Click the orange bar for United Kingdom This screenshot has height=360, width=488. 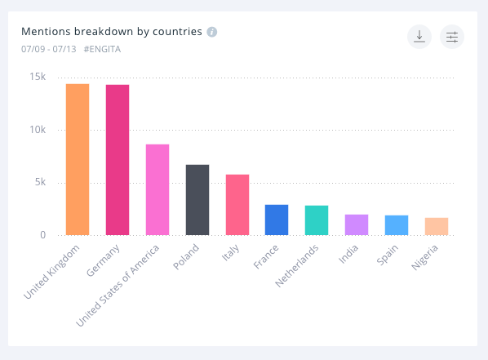(78, 159)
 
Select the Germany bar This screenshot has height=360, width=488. (118, 160)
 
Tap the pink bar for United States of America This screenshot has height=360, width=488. (157, 189)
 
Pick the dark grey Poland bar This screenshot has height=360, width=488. (197, 200)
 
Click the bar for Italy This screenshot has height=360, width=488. (237, 205)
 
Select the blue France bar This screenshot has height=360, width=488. (277, 220)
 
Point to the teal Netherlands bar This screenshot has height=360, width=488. (317, 220)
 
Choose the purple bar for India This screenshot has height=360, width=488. (357, 224)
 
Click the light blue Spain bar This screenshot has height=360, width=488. (397, 225)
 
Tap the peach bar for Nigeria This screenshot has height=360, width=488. (437, 226)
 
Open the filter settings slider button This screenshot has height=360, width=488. (452, 37)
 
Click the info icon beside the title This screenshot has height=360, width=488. (212, 33)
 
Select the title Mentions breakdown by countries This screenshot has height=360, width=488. (112, 33)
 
